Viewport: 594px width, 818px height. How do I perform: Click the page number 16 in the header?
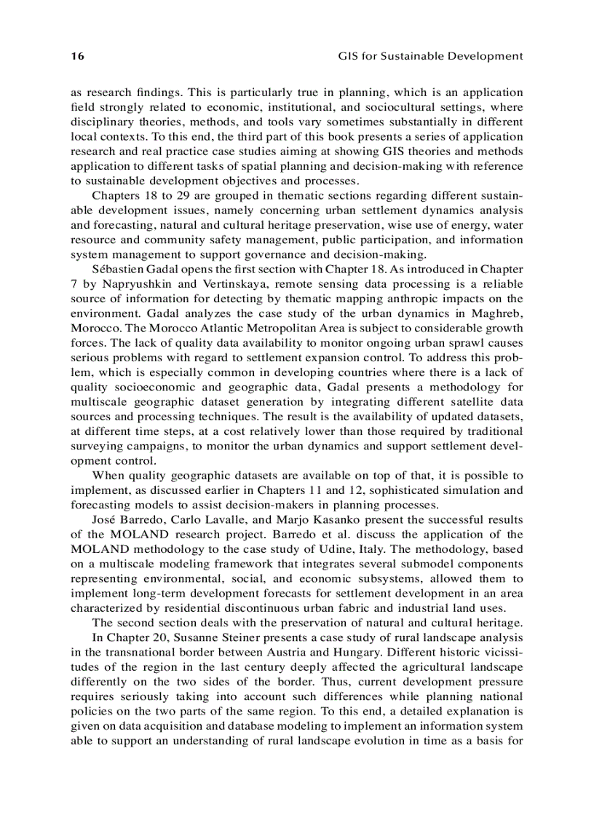[76, 56]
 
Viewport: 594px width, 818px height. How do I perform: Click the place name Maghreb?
[496, 313]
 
